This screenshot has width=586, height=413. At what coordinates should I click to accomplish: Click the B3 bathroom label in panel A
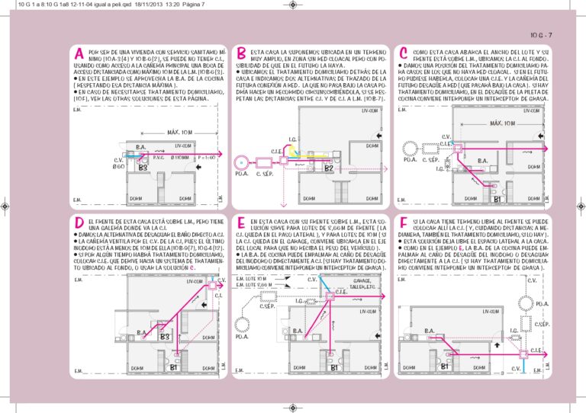pos(143,166)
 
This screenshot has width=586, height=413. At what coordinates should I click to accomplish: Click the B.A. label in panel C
pos(482,161)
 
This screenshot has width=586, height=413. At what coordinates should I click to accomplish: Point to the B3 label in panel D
pos(164,336)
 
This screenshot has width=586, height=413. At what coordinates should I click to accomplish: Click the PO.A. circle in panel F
pos(540,304)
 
